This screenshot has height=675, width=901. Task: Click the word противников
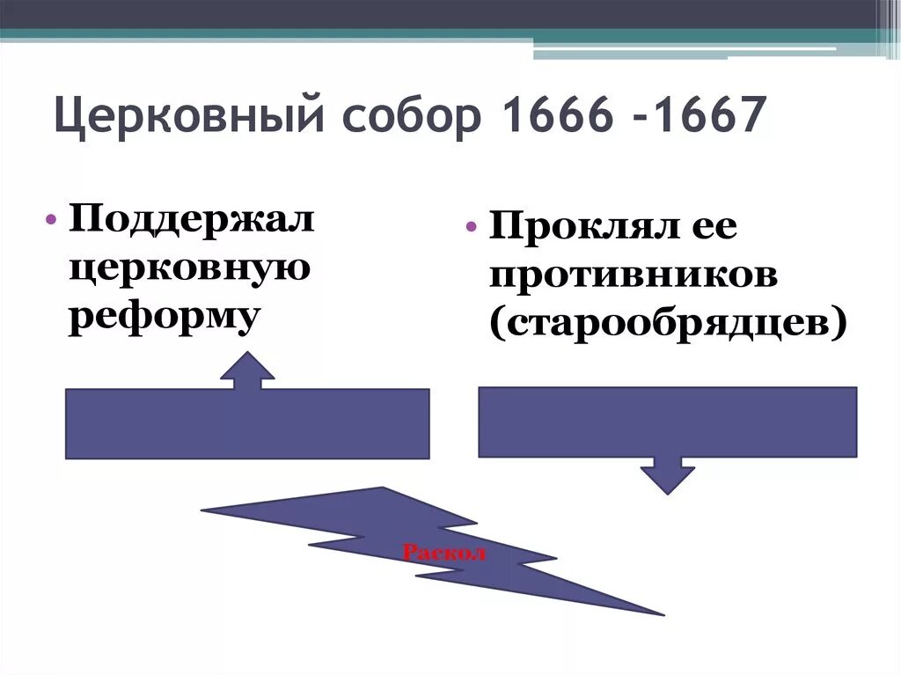634,277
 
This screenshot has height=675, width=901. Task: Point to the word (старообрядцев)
670,324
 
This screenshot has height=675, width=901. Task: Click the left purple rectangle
246,423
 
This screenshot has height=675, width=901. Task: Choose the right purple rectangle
667,422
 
